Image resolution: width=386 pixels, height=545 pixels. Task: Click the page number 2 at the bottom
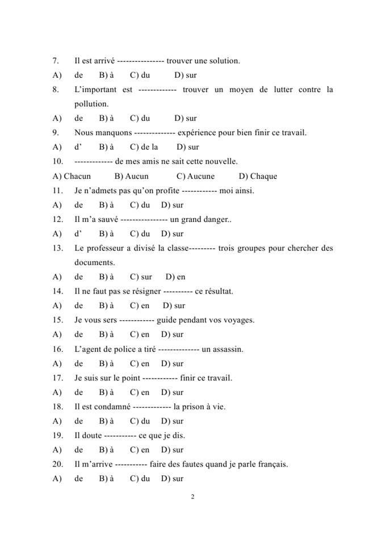193,497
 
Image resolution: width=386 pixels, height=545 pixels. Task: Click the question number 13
56,248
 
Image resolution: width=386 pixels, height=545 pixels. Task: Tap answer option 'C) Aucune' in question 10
195,176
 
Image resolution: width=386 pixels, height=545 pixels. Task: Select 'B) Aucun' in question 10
131,176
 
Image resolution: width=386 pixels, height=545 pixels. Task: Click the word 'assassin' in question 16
227,349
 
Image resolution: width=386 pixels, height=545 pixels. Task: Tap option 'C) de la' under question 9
144,147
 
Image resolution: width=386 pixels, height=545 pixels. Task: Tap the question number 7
55,61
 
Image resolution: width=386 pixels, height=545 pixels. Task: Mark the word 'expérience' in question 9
196,133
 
